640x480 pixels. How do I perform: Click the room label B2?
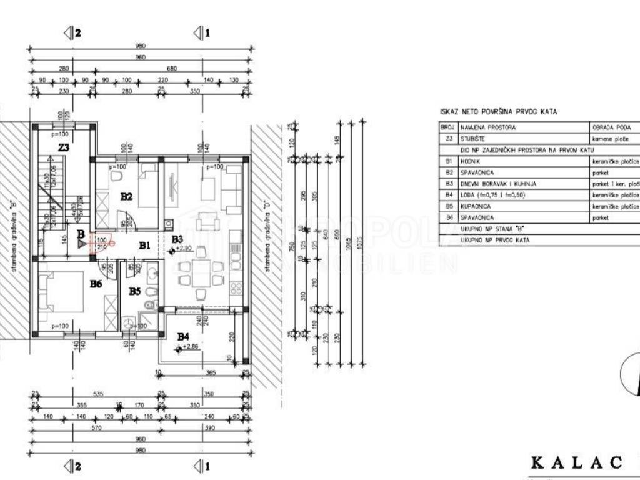point(126,196)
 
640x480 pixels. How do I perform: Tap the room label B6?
point(96,284)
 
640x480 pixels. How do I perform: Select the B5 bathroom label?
point(135,291)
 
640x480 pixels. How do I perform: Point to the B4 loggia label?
point(182,337)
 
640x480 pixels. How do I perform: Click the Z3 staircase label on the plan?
point(63,148)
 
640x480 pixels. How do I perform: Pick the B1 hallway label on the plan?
point(144,246)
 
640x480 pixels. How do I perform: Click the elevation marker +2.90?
point(183,249)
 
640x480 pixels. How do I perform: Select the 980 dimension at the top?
point(140,46)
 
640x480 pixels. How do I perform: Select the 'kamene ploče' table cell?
point(611,139)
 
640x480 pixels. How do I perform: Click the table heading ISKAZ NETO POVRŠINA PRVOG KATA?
point(498,112)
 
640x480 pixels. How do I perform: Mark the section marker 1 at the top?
point(201,32)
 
